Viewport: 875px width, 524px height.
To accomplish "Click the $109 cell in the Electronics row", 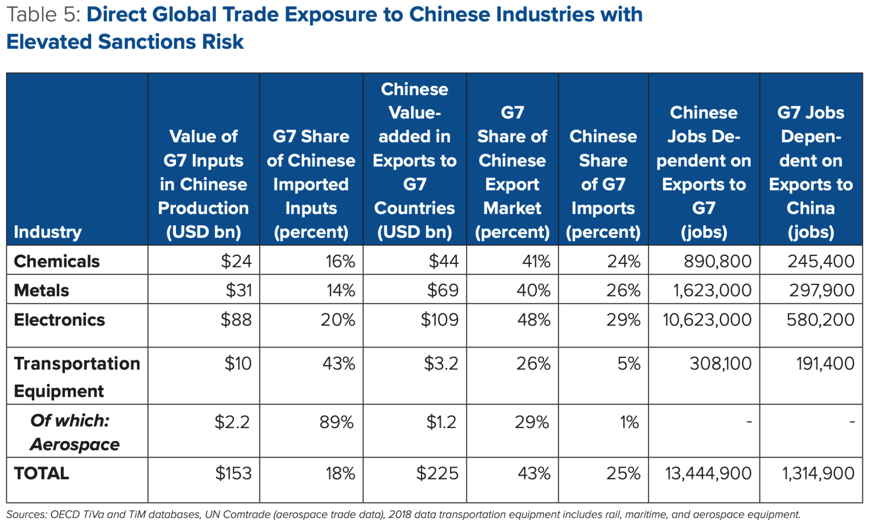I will pos(439,320).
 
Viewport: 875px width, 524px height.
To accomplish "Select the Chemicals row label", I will pos(56,261).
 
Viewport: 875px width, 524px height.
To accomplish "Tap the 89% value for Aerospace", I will pos(336,422).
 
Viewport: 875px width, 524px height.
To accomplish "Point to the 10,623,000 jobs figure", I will pos(706,320).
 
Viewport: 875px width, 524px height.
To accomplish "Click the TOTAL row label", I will pos(41,473).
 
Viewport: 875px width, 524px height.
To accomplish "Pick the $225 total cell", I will pos(437,473).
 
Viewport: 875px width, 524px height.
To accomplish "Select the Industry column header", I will pos(47,232).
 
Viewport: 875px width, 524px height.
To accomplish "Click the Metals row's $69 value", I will pos(443,290).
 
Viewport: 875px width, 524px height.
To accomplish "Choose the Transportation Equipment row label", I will pos(76,377).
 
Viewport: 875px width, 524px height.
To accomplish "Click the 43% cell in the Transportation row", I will pos(338,364).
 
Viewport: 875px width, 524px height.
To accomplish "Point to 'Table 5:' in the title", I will pos(43,15).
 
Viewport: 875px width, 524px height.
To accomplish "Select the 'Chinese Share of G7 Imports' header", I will pos(603,184).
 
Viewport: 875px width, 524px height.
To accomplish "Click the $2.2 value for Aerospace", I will pos(232,422).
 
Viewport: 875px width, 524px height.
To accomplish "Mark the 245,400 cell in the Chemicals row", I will pos(820,261).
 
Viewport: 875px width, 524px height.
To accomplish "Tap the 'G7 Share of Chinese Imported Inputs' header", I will pos(310,184).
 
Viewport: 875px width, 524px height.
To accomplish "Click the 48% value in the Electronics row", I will pos(533,320).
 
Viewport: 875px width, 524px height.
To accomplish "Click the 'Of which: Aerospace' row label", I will pos(74,432).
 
